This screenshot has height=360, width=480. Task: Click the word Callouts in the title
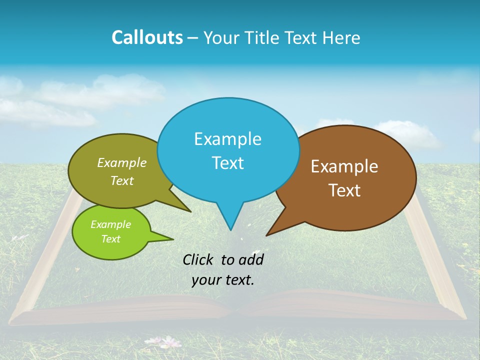click(x=147, y=37)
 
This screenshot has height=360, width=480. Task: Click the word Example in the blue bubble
click(x=227, y=139)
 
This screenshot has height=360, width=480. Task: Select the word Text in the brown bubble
click(x=344, y=190)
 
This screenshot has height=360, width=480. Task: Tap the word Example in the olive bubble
click(x=121, y=162)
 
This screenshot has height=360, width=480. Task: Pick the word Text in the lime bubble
click(x=110, y=239)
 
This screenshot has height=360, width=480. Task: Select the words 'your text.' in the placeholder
click(x=223, y=280)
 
